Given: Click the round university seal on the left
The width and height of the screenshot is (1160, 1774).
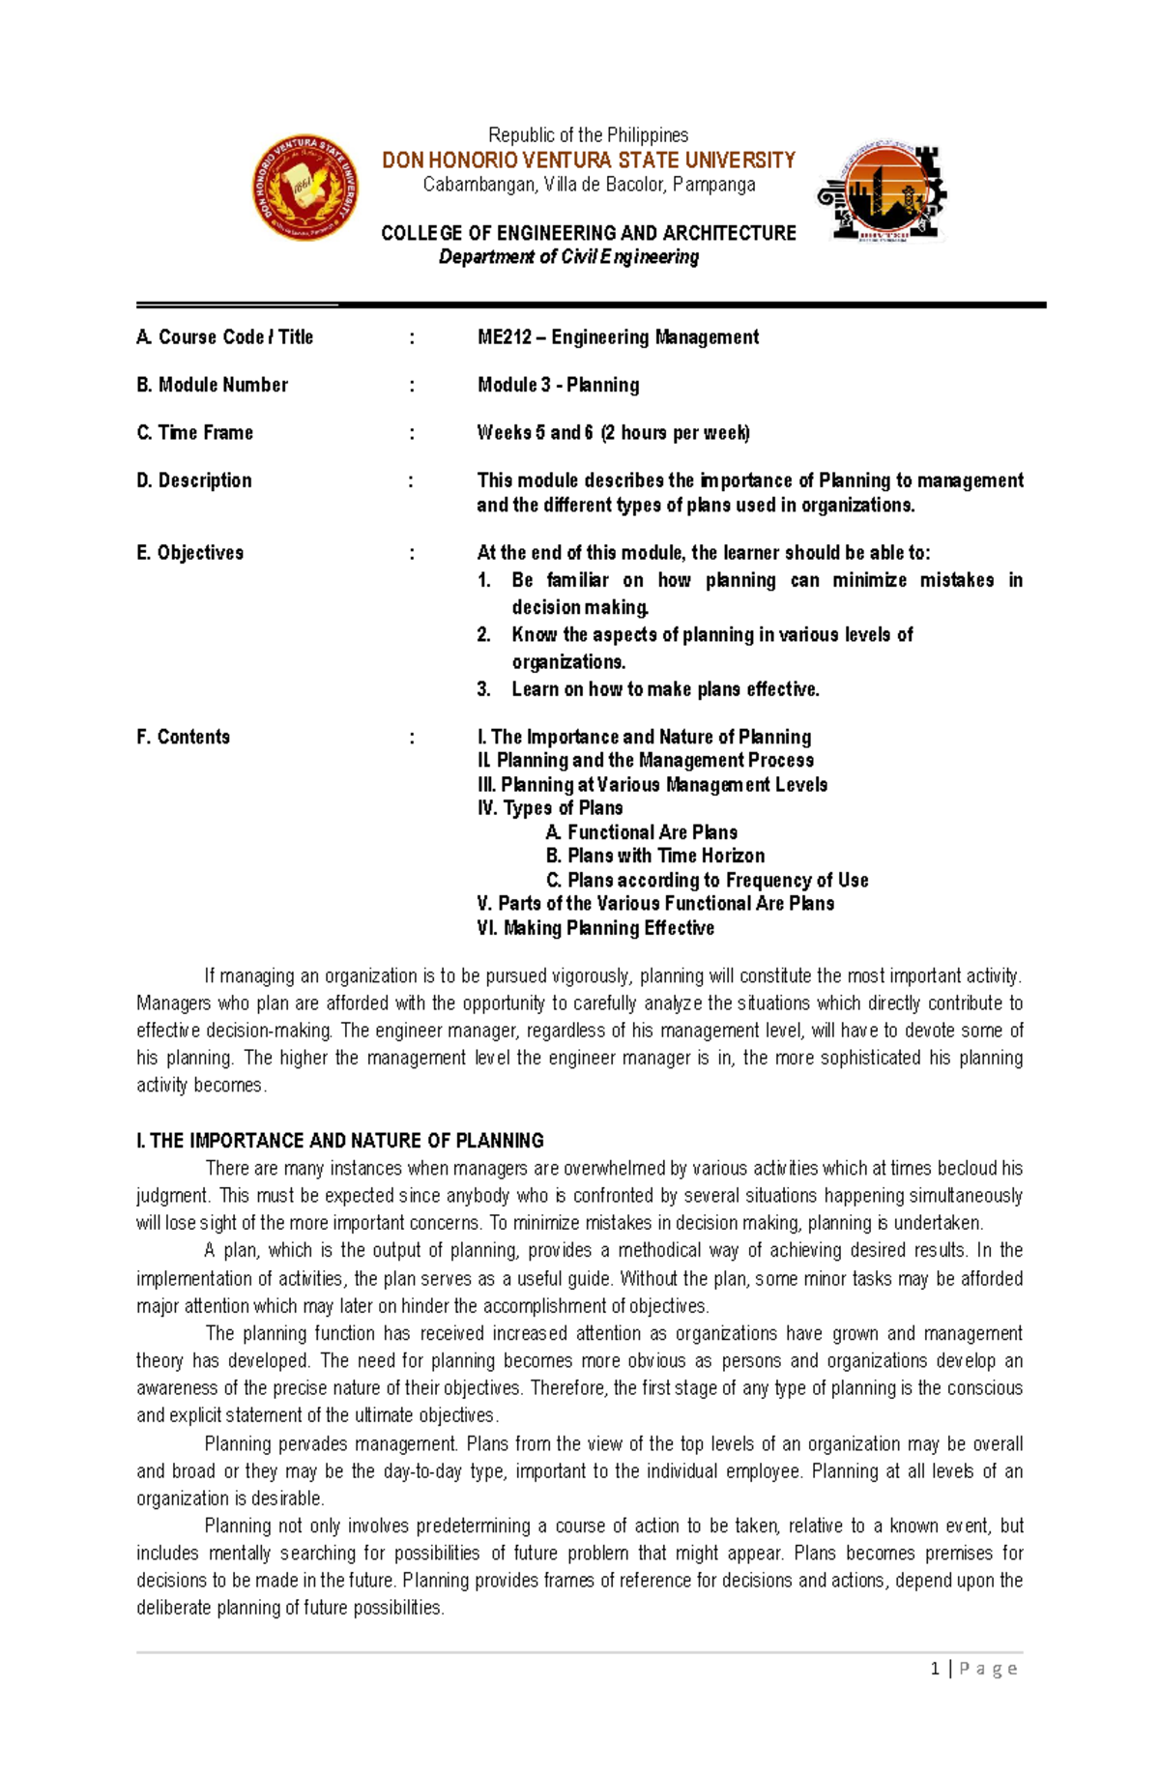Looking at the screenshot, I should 305,188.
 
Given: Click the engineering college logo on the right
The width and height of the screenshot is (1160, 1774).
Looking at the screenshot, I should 882,191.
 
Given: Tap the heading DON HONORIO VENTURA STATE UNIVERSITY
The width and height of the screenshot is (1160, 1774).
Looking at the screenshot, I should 588,160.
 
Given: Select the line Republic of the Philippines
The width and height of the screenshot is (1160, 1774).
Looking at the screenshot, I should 588,135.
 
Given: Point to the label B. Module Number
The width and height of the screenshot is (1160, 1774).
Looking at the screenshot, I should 212,385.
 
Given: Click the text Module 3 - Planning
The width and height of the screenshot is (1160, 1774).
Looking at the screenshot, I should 558,385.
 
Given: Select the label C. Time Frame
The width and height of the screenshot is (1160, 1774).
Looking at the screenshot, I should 194,432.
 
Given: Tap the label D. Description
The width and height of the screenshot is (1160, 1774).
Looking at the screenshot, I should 193,480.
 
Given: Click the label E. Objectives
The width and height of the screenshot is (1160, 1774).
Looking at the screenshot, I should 189,553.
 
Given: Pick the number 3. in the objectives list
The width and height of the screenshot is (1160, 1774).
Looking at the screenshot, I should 484,689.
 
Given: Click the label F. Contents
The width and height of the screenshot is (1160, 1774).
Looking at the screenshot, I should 183,737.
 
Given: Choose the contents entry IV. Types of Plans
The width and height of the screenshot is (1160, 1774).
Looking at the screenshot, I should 550,808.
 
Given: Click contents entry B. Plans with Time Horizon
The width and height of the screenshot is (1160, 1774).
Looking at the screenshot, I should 654,856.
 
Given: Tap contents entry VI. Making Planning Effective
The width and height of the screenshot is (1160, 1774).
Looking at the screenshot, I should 595,928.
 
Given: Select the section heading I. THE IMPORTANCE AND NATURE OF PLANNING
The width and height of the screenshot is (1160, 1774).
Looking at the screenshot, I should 340,1141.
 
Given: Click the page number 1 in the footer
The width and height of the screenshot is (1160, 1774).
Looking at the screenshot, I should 935,1669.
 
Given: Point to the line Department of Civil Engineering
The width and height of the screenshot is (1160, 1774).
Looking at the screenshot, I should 568,257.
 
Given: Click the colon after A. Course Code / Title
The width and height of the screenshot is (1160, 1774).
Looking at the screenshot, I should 412,337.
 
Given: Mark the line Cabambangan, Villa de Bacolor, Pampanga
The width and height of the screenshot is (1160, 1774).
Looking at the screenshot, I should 589,185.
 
